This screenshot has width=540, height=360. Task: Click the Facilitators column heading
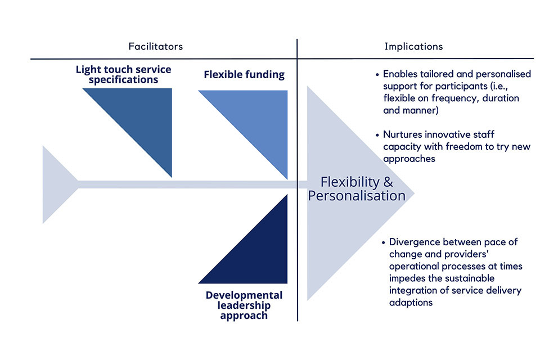coord(155,46)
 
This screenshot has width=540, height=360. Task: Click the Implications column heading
coord(413,46)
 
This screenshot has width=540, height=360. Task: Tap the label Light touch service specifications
coord(124,75)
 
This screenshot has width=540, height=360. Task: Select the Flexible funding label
coord(244,74)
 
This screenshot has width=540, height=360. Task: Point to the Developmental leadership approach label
coord(244,305)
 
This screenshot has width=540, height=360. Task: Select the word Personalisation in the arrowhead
coord(357,196)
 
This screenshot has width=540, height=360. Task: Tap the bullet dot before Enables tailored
coord(378,74)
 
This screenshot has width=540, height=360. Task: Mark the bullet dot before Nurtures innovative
coord(378,135)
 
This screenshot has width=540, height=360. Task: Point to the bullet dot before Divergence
coord(384,242)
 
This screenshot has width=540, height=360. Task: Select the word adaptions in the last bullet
coord(411,303)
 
